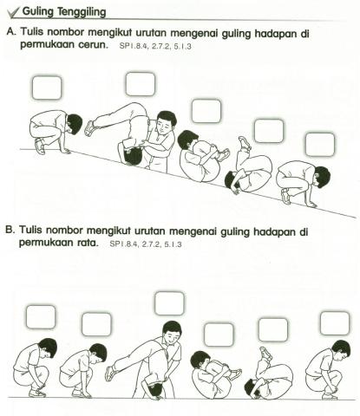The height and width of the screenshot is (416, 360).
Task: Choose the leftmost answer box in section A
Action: coord(46,88)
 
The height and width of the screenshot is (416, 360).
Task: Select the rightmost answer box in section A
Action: coord(319,144)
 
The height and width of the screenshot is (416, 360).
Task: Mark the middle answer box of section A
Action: coord(206,110)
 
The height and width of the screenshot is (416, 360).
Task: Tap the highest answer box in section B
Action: coord(169,303)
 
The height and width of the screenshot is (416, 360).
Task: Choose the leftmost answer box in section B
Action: coord(40,316)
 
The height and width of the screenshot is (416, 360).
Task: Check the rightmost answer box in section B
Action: coord(334,323)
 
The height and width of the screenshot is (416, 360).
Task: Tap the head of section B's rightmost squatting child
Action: coord(340,349)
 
